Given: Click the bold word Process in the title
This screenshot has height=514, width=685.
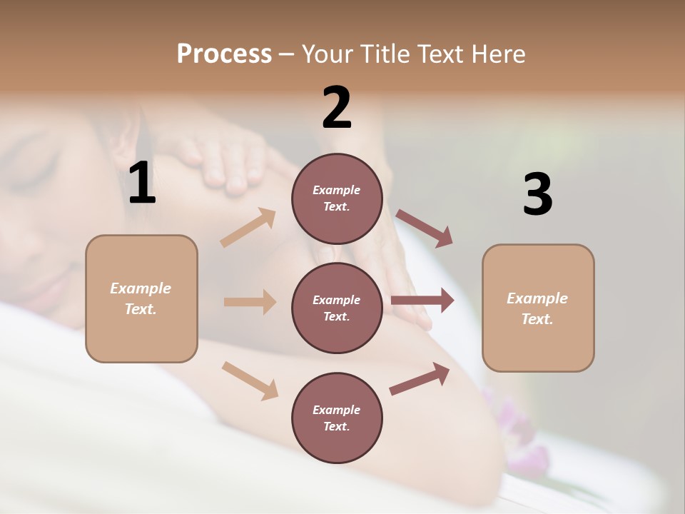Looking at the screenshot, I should (x=224, y=54).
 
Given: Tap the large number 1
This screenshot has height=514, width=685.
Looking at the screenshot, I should (x=142, y=183).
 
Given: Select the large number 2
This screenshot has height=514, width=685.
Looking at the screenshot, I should (x=337, y=108).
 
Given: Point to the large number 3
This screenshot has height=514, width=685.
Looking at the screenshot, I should (x=537, y=194).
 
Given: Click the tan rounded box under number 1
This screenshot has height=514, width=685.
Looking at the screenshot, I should (x=141, y=298).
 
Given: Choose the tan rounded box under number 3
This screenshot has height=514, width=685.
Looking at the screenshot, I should (x=538, y=308).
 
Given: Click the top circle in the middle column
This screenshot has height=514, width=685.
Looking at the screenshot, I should (x=337, y=198).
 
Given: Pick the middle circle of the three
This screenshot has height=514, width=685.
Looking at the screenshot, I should (x=337, y=308).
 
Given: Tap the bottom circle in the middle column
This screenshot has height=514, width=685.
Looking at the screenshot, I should (x=337, y=418).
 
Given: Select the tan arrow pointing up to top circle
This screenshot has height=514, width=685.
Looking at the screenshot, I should (x=248, y=228).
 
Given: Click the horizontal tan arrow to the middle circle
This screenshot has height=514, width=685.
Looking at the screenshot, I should (x=250, y=302).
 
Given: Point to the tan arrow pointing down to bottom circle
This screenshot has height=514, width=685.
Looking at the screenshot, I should (x=250, y=381).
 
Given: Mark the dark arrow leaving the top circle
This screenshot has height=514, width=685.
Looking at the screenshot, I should (x=425, y=228).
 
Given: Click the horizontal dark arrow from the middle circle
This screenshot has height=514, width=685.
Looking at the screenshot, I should (x=422, y=301).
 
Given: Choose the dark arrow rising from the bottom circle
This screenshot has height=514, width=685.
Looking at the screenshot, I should (x=420, y=378).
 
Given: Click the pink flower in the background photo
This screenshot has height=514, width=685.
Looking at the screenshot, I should (x=517, y=428).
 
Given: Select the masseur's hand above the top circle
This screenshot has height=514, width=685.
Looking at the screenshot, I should (x=228, y=161).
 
